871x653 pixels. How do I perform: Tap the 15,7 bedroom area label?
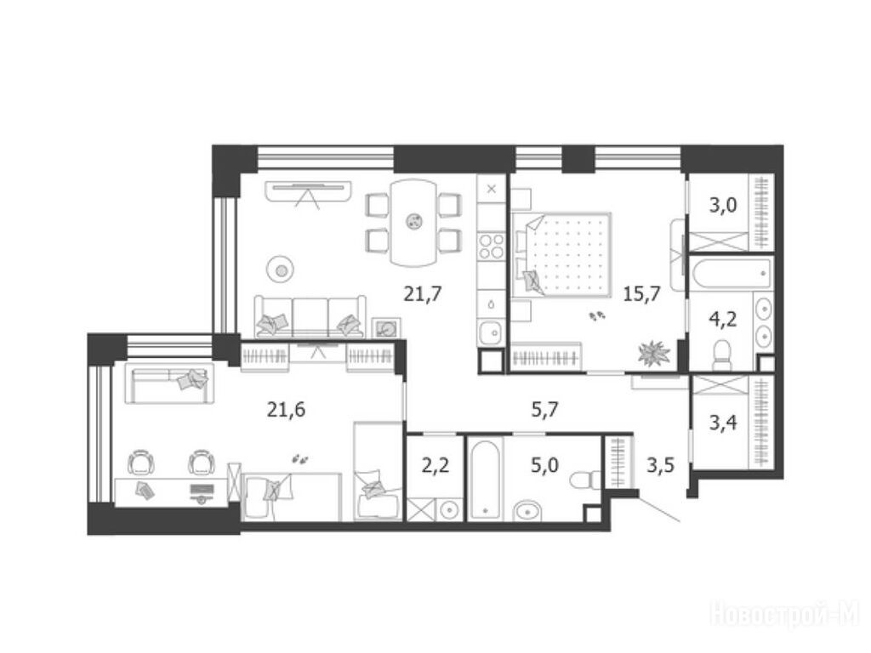641,293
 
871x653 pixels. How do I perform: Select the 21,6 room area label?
286,410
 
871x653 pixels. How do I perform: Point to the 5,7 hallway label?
544,411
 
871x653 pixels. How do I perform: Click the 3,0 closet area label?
723,206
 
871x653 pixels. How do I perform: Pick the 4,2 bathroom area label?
723,320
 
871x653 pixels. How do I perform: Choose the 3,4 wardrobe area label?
723,423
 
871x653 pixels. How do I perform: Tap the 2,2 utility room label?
435,465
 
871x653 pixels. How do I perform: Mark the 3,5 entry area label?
660,464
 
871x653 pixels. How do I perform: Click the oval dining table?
413,222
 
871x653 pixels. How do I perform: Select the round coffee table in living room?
282,270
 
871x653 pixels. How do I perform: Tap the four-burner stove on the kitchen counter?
492,247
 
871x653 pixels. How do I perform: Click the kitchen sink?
491,333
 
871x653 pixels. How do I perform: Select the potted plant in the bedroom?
654,353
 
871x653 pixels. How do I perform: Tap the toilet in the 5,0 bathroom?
586,478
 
